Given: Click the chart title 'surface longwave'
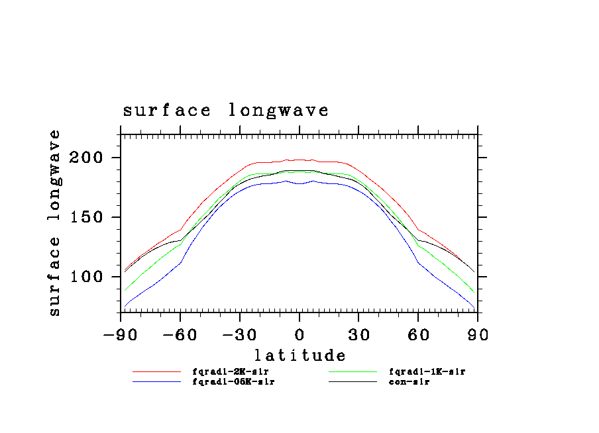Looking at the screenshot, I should coord(225,111).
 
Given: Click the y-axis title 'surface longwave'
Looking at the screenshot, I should coord(54,222).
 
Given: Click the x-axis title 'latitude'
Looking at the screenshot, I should coord(299,356).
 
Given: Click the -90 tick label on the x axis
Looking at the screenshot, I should coord(120,334).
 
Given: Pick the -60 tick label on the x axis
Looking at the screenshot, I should coord(180,334).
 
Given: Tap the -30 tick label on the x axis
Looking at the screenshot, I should coord(239,334).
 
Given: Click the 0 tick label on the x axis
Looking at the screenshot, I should coord(299,334).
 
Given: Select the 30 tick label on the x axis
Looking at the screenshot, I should coord(358,334).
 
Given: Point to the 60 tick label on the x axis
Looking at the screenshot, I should coord(418,334).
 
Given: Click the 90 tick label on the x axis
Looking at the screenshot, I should coord(478,334).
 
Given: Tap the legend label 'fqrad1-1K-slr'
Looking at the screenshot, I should coord(427,372).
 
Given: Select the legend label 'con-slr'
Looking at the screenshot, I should coord(409,382).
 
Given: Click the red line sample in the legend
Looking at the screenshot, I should coord(156,372).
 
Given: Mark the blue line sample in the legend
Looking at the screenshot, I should coord(156,382).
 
